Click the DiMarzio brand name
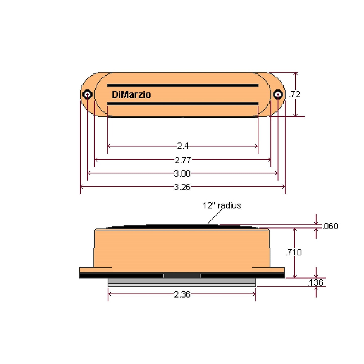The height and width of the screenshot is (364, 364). [x=131, y=95]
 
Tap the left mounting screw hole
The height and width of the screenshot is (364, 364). [x=87, y=94]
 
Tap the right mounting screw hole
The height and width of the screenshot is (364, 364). [x=278, y=94]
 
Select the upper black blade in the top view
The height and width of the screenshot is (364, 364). [x=182, y=85]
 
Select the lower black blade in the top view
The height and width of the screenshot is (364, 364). [x=182, y=104]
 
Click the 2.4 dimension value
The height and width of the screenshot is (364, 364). [x=183, y=146]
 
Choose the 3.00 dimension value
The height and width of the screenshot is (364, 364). [x=182, y=173]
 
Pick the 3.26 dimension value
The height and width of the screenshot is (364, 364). [x=182, y=187]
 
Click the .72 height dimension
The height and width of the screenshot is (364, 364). [x=295, y=94]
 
